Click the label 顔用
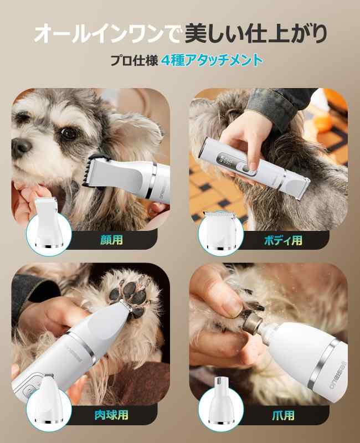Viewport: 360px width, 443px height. [112, 240]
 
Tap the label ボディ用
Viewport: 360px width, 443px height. [283, 240]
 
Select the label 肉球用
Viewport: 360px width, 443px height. [111, 414]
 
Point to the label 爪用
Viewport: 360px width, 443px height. [283, 415]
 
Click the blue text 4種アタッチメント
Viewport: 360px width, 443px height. [212, 60]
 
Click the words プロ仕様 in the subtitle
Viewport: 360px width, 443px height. [133, 60]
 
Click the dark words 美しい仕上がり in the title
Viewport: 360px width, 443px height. [255, 34]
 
